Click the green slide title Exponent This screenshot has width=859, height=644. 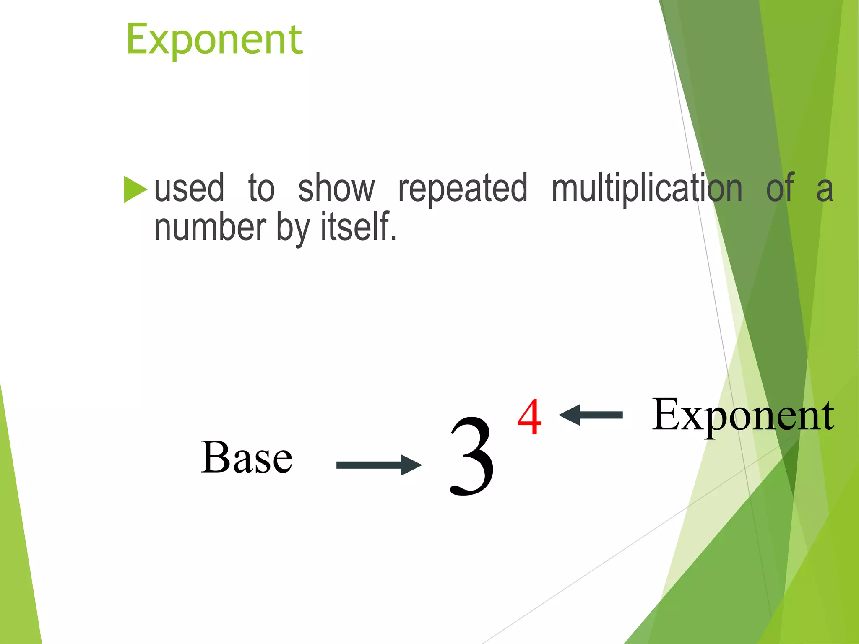(214, 40)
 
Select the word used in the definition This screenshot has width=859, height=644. (189, 189)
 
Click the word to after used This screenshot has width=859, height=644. (261, 189)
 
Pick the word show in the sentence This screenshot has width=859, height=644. (336, 189)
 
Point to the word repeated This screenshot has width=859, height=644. (463, 189)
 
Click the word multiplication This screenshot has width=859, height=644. (647, 189)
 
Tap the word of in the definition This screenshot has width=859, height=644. (780, 189)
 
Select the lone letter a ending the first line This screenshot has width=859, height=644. (824, 191)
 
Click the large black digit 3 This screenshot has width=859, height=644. (472, 457)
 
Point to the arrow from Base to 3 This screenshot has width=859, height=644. (378, 465)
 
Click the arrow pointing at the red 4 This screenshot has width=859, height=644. (591, 415)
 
